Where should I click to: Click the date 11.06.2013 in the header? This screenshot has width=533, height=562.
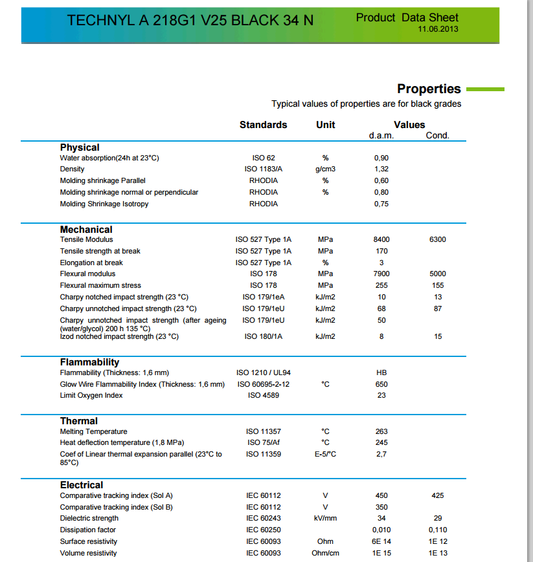point(439,29)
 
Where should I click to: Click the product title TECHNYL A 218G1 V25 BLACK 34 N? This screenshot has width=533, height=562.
point(190,21)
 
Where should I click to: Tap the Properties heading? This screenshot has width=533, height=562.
point(429,89)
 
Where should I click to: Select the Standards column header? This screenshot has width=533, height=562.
point(263,125)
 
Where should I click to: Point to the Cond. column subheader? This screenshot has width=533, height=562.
point(437,136)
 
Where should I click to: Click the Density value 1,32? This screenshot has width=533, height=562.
point(381,169)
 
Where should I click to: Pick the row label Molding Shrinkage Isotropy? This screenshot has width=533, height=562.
point(104,204)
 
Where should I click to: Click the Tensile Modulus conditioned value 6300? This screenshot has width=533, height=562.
point(437,240)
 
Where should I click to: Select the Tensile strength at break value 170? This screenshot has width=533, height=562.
point(381,252)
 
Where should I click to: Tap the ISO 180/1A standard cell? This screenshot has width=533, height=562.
point(263,337)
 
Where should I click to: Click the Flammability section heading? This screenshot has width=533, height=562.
point(89,362)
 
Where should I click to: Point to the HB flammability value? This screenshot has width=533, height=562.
point(381,373)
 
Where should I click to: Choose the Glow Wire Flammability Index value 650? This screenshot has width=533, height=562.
point(381,385)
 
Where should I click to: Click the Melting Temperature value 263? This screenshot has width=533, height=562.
point(381,432)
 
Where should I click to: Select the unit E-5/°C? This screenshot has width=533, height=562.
point(325,455)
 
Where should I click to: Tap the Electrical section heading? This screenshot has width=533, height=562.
point(82,485)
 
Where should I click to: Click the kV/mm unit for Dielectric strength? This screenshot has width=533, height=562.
point(325,519)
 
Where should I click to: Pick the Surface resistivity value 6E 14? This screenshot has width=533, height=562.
point(381,542)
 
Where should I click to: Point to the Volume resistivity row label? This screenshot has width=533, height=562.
point(89,554)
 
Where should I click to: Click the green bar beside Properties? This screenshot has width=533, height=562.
point(484,89)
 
